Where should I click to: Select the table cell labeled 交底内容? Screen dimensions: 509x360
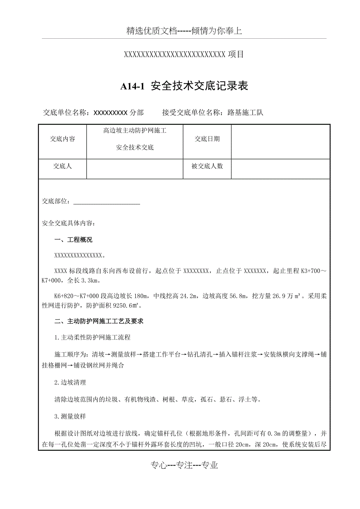pos(63,139)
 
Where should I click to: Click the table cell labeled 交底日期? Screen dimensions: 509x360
pos(207,139)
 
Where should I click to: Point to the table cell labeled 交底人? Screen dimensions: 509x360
pos(63,166)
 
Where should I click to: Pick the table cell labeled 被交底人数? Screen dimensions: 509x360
pos(207,166)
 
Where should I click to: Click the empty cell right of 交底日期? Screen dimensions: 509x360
pos(280,142)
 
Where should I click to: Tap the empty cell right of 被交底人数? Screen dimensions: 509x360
pos(280,169)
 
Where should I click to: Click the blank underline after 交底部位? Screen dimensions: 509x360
pos(106,201)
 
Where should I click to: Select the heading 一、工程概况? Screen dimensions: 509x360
pos(74,240)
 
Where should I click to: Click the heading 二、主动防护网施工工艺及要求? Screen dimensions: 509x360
pos(99,321)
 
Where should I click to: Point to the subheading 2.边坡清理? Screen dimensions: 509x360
pos(70,382)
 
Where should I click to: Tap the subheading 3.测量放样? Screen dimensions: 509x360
pos(70,416)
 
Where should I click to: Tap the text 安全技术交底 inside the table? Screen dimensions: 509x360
pos(135,148)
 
